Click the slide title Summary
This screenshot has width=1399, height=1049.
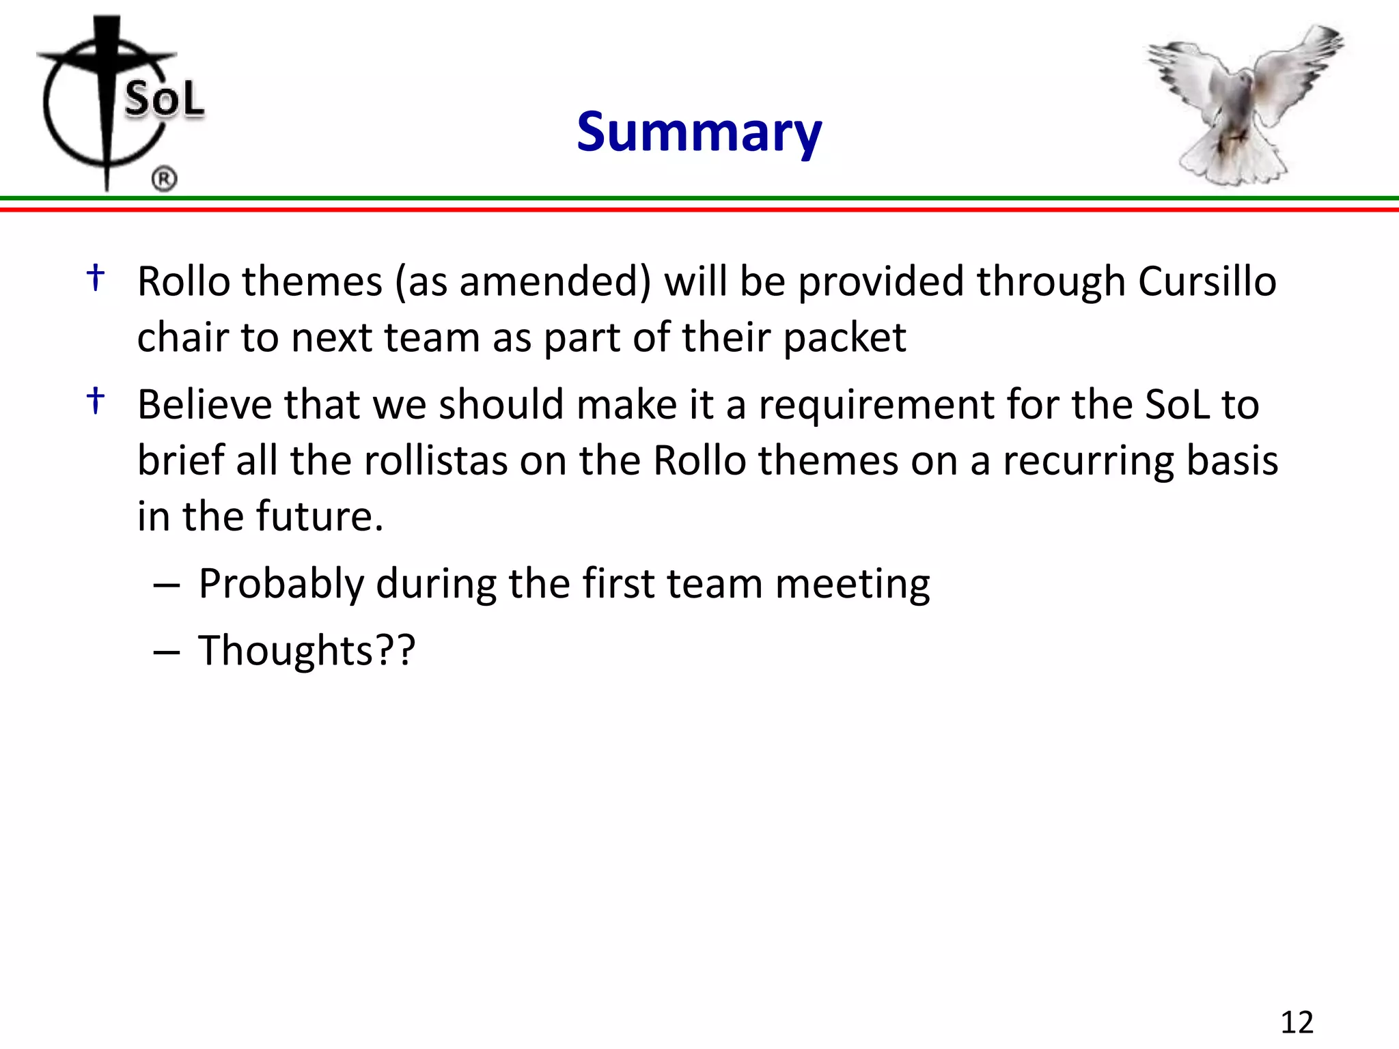pos(699,132)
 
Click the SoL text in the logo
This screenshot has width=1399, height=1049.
pos(164,99)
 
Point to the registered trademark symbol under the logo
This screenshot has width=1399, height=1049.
pos(164,179)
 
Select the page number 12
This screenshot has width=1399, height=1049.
pos(1297,1022)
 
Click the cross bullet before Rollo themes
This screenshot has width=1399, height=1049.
pos(96,278)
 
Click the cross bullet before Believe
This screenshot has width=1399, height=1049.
pos(96,400)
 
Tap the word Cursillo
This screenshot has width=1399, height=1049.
pos(1207,281)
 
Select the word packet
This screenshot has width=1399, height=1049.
pos(844,338)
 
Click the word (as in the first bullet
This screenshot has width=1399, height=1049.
pos(421,281)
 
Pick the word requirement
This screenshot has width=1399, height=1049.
pos(876,404)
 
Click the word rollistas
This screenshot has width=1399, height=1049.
pos(436,460)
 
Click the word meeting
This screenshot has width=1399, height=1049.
pos(852,585)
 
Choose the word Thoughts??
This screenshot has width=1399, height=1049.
pos(307,650)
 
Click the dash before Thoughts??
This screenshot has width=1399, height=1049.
pos(167,653)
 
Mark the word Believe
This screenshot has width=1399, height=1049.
pos(204,404)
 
